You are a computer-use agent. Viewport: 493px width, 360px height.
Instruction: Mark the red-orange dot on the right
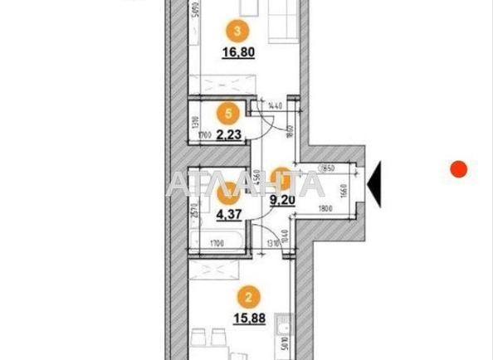pos(458,169)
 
